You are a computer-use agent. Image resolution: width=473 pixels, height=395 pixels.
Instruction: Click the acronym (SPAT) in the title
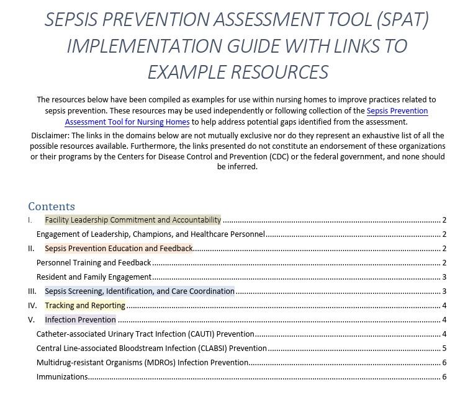[402, 20]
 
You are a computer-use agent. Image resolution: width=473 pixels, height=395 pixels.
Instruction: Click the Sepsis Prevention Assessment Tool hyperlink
[397, 111]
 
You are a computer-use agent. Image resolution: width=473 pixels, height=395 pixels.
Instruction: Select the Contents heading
[52, 206]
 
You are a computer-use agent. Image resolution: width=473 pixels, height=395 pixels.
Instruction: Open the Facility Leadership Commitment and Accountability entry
[133, 220]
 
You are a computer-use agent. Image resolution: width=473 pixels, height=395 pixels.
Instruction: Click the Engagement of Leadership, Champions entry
[151, 234]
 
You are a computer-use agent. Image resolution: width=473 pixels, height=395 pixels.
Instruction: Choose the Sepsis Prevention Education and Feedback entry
[119, 249]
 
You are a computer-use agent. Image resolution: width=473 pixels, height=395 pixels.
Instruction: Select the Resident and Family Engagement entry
[94, 277]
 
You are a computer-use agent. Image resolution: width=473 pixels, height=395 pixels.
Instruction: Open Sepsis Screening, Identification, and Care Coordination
[140, 291]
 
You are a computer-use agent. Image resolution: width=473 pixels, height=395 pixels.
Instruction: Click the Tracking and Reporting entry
[85, 306]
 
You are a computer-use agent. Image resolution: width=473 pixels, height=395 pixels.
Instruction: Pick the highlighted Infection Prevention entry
[80, 320]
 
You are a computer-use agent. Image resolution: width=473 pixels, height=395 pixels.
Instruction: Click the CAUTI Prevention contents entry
[145, 334]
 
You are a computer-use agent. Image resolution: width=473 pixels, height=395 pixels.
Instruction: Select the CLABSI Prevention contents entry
[151, 348]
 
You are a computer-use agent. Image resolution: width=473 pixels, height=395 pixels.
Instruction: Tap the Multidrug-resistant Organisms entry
[142, 363]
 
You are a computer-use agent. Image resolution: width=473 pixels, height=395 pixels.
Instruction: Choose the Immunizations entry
[62, 377]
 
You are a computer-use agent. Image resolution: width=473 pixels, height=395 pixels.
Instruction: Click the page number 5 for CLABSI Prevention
[444, 348]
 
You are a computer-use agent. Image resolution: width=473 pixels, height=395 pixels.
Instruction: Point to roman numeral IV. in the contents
[32, 306]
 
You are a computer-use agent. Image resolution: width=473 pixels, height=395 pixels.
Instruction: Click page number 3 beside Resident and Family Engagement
[444, 277]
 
